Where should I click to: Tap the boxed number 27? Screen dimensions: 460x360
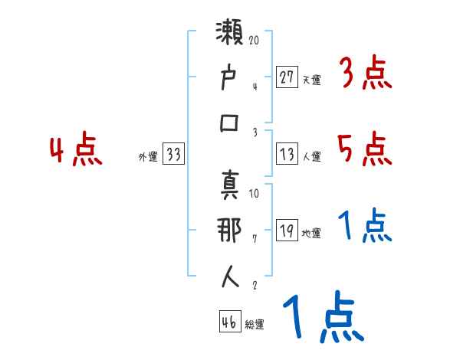[x=287, y=77]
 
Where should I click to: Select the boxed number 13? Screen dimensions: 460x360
[x=287, y=155]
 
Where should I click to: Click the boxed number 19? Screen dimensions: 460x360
[x=287, y=231]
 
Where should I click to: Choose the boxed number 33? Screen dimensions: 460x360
[x=173, y=155]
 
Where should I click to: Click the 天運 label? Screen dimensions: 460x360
[x=312, y=80]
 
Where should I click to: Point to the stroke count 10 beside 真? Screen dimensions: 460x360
[x=255, y=194]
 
